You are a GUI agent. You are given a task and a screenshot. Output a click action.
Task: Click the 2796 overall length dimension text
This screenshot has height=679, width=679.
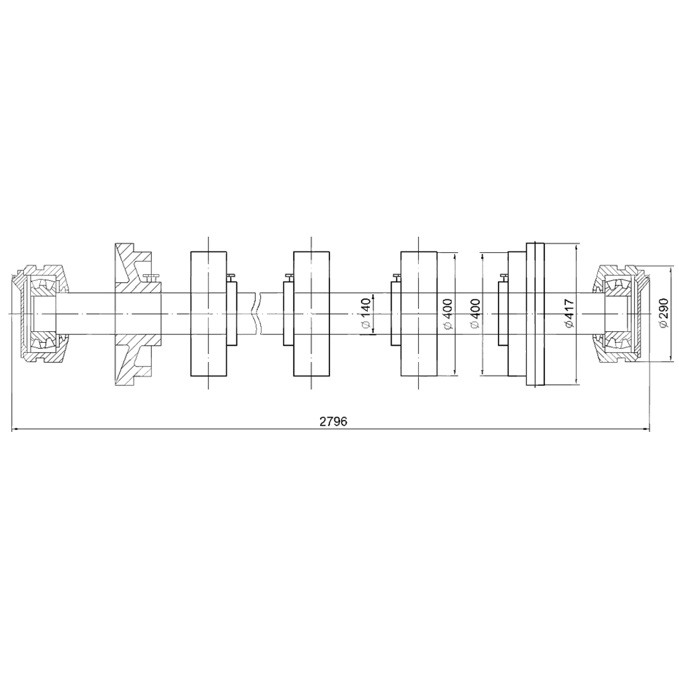pyautogui.click(x=333, y=421)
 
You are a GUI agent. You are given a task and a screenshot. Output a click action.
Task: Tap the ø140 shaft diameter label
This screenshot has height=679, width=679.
pyautogui.click(x=367, y=314)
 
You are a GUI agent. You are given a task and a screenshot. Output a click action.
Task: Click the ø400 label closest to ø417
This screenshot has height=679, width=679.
pyautogui.click(x=475, y=314)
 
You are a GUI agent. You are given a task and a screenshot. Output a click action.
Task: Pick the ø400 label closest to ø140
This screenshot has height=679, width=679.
pyautogui.click(x=448, y=314)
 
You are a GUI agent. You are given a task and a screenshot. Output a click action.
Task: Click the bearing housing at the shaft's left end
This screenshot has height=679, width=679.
pyautogui.click(x=40, y=314)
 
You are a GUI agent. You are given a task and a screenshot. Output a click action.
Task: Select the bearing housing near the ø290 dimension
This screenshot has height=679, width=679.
pyautogui.click(x=622, y=314)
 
